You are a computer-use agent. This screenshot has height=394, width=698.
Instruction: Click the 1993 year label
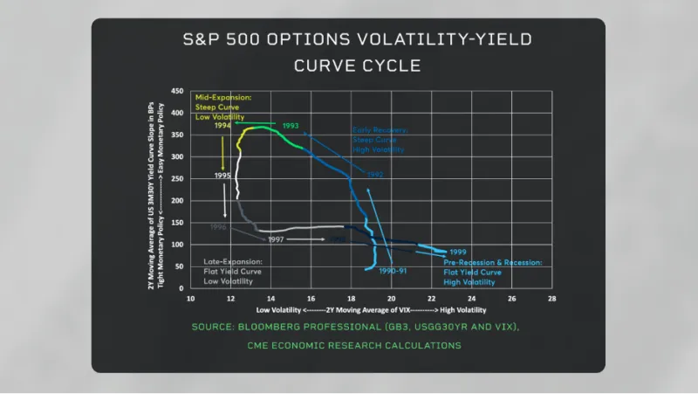(x=292, y=126)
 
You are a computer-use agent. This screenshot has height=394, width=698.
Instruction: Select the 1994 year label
(x=223, y=126)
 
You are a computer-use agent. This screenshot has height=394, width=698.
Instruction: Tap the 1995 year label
(x=223, y=176)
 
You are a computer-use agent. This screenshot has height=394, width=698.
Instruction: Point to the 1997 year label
(x=277, y=238)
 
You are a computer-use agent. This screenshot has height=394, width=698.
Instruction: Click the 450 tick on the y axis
(x=177, y=91)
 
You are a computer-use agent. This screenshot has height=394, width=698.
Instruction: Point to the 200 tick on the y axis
(x=177, y=200)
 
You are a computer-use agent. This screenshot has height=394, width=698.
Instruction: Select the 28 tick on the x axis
(x=551, y=298)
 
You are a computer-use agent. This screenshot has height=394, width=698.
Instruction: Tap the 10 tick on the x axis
(x=191, y=298)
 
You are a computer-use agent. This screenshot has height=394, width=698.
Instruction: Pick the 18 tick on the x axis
(x=351, y=298)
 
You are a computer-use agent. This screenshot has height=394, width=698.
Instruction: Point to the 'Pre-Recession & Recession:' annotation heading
(x=493, y=262)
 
